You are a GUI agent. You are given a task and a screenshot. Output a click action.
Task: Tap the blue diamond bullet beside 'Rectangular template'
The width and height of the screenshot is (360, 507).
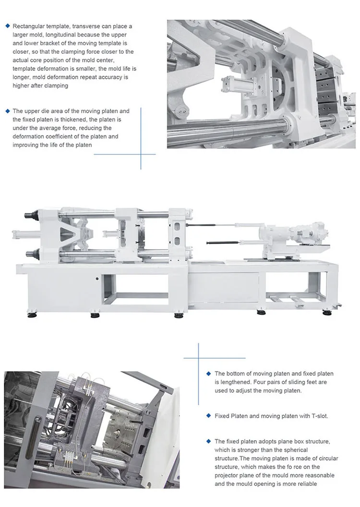pyautogui.click(x=7, y=25)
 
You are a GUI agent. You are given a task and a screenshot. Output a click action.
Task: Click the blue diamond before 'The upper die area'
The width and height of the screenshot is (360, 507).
pyautogui.click(x=7, y=111)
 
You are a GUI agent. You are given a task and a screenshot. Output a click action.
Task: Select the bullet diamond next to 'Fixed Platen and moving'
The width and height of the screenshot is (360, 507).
pyautogui.click(x=208, y=416)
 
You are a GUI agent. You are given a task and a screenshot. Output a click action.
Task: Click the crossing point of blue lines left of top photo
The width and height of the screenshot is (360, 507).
pyautogui.click(x=141, y=154)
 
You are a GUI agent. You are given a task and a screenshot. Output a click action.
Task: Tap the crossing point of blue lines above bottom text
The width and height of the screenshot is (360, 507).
pyautogui.click(x=198, y=358)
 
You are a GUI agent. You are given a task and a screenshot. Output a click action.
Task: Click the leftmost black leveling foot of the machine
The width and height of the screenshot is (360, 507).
pyautogui.click(x=32, y=315)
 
